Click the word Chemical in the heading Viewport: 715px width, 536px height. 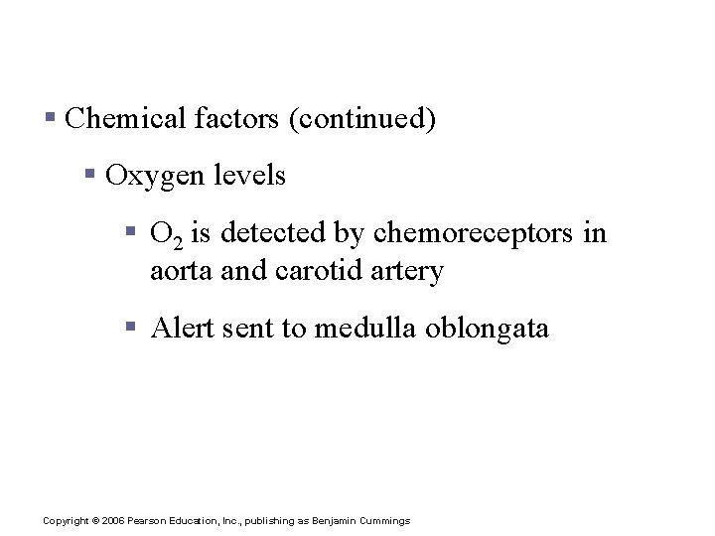pos(123,119)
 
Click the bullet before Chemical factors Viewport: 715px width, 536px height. pos(50,120)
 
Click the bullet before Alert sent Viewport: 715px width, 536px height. pos(132,329)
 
